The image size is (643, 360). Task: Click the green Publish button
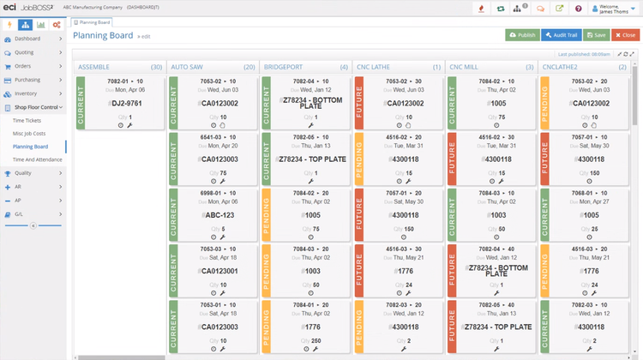pos(522,35)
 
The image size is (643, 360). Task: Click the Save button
pos(596,35)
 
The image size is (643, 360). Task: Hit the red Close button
pos(624,35)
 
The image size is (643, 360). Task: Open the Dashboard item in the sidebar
pos(27,39)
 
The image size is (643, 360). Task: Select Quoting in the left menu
pos(25,52)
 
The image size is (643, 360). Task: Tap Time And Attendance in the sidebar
pos(36,160)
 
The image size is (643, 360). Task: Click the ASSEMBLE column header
pos(94,66)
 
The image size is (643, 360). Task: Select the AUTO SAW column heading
pos(188,66)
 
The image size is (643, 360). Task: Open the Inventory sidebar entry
pos(26,93)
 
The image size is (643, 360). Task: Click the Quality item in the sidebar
pos(24,173)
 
